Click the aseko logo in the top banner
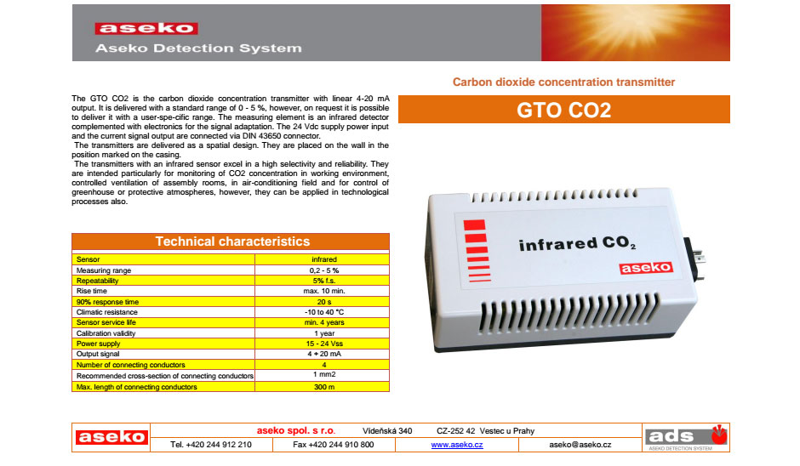[146, 28]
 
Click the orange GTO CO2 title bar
[563, 109]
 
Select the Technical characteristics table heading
[232, 242]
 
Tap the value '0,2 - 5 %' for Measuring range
[324, 270]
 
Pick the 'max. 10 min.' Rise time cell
[324, 291]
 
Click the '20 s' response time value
[324, 302]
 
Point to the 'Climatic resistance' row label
[106, 312]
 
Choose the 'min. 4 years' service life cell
[324, 322]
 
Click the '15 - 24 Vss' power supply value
[324, 344]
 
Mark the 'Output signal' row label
[98, 354]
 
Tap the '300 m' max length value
[324, 387]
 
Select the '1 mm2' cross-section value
[324, 374]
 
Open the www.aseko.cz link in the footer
[457, 445]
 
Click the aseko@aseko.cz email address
[580, 445]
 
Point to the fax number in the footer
[333, 445]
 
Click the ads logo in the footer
[686, 437]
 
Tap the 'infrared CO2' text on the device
[577, 244]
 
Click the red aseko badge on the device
[646, 268]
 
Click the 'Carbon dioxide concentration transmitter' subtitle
[563, 82]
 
